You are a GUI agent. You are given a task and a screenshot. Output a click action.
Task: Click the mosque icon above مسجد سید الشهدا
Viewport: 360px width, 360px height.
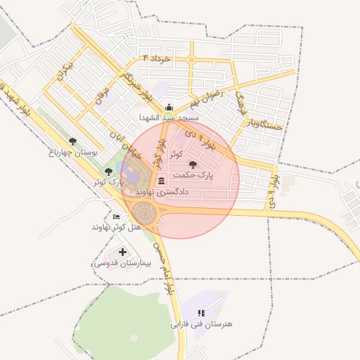[x=169, y=108]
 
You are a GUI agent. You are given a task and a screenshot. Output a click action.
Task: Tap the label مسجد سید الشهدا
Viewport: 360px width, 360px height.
[x=169, y=117]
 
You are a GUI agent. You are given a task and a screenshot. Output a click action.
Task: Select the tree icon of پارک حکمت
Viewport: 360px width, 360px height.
[x=193, y=164]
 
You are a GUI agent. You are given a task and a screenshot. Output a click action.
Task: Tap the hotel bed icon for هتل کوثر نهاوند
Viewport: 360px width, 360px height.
[x=116, y=217]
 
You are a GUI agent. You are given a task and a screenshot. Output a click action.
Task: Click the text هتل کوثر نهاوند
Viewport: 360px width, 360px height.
[x=117, y=227]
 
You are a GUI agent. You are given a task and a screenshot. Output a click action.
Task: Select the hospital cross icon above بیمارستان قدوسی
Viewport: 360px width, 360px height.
[x=123, y=252]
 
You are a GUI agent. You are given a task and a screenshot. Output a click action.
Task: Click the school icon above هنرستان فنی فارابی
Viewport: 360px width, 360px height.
[x=201, y=313]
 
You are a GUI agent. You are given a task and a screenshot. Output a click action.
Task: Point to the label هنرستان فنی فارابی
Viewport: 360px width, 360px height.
[x=201, y=324]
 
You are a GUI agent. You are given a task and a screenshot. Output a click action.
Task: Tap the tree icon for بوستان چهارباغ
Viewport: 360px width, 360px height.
[x=74, y=141]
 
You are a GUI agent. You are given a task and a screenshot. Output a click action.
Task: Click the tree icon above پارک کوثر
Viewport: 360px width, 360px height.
[x=108, y=171]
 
